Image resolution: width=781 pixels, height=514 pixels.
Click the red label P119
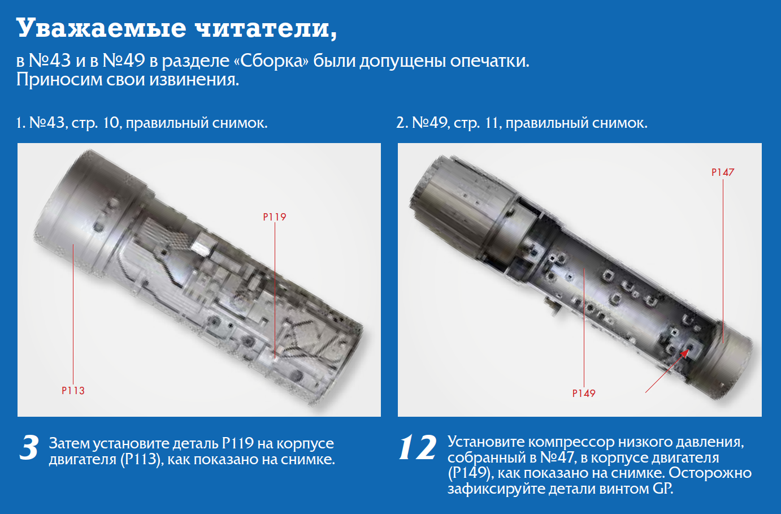pyautogui.click(x=275, y=217)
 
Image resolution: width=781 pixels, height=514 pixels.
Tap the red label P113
pyautogui.click(x=73, y=391)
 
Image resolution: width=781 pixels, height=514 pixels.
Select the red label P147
pyautogui.click(x=723, y=172)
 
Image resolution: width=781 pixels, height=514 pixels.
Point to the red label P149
pyautogui.click(x=584, y=394)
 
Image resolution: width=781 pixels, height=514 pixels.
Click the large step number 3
pyautogui.click(x=29, y=447)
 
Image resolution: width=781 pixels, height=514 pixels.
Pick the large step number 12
pyautogui.click(x=417, y=447)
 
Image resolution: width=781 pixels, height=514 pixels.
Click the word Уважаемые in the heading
pyautogui.click(x=102, y=28)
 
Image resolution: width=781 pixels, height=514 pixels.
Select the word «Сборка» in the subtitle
pyautogui.click(x=271, y=61)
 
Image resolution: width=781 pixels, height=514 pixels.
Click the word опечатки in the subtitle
pyautogui.click(x=489, y=62)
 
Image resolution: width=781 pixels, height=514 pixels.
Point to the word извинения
pyautogui.click(x=194, y=80)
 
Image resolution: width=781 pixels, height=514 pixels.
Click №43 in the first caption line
pyautogui.click(x=49, y=123)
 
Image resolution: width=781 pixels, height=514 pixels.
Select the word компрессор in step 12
pyautogui.click(x=571, y=443)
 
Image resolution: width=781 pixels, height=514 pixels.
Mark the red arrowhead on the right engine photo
pyautogui.click(x=685, y=353)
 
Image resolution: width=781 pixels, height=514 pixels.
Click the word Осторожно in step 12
pyautogui.click(x=710, y=473)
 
